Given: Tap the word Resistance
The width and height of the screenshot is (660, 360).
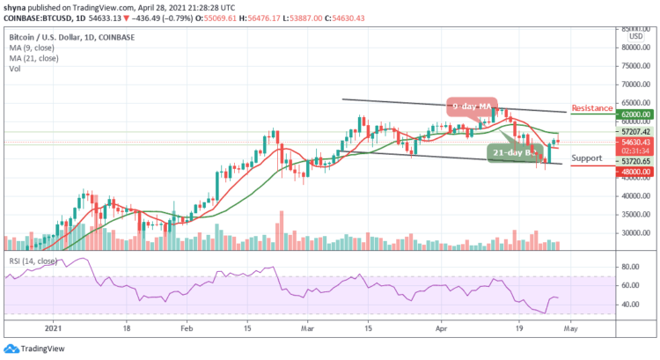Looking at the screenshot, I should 591,108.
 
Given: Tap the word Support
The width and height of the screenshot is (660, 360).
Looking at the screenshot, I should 586,158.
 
